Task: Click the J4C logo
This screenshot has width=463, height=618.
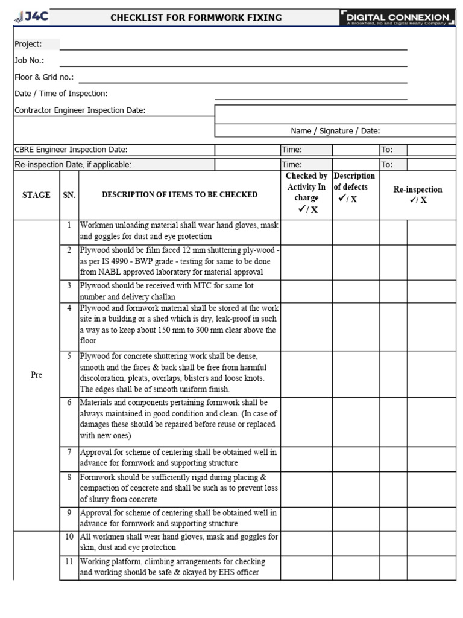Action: point(31,17)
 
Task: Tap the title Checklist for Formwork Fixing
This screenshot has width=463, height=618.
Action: point(196,18)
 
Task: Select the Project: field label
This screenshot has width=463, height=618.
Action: point(28,44)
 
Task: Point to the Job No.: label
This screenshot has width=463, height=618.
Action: point(29,60)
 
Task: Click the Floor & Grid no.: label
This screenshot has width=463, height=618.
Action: point(44,77)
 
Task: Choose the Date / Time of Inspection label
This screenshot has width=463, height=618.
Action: point(61,94)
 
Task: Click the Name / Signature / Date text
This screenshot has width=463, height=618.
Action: point(335,131)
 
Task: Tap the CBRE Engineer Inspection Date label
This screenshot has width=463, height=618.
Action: point(71,150)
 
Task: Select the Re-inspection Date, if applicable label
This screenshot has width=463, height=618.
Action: point(73,164)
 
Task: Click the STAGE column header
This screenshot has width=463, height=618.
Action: point(36,195)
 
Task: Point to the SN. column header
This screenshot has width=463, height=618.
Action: point(69,195)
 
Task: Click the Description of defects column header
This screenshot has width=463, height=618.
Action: point(354,187)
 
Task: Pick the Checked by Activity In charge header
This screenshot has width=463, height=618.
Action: point(306,193)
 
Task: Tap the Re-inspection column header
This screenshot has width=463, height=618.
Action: point(417,194)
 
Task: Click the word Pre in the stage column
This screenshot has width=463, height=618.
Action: point(36,375)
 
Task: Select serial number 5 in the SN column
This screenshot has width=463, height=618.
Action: point(69,356)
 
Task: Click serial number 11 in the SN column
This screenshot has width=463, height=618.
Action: point(69,561)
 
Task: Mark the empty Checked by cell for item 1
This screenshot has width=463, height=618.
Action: point(306,231)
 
